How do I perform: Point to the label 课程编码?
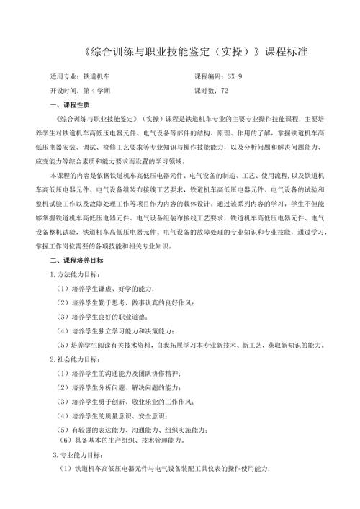pos(208,76)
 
